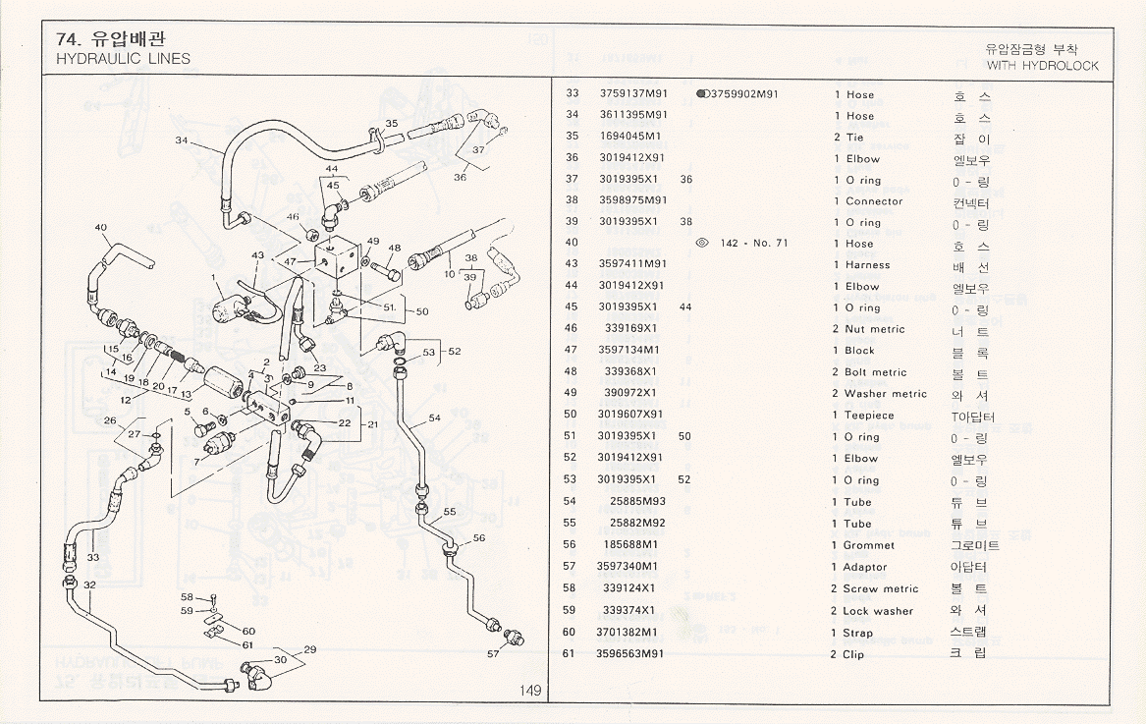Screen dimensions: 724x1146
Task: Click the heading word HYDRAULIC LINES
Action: click(x=124, y=59)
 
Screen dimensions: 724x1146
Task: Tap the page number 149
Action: click(x=530, y=691)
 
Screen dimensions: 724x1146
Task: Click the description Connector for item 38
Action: click(x=874, y=201)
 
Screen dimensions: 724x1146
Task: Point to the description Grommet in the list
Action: click(x=870, y=545)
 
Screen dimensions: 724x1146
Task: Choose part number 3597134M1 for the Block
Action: click(x=628, y=351)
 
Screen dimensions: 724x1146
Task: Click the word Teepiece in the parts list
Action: click(x=870, y=416)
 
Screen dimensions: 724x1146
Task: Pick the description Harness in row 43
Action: click(x=867, y=265)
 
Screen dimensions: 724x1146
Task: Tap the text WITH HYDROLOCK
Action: click(x=1043, y=66)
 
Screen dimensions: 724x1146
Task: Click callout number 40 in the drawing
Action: click(x=101, y=229)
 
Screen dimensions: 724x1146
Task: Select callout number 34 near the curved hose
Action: click(x=182, y=141)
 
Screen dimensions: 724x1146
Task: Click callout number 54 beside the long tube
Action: click(x=434, y=418)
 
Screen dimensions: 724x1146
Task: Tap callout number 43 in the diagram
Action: click(x=257, y=255)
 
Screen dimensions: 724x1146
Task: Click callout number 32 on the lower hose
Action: click(x=89, y=585)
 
